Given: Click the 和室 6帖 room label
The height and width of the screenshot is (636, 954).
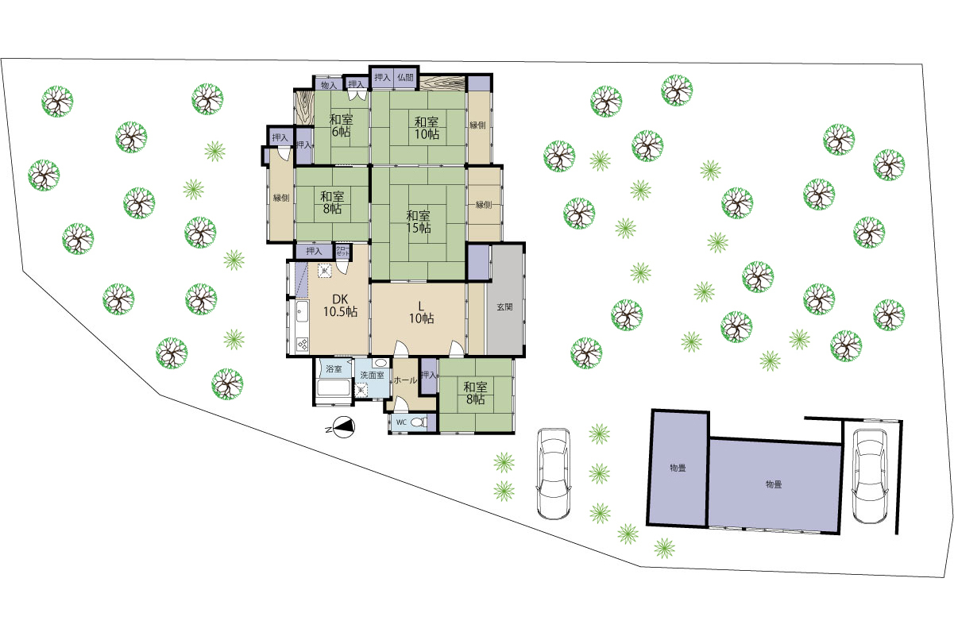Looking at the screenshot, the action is pos(341,125).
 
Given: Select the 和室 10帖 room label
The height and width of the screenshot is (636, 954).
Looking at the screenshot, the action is pos(427,128).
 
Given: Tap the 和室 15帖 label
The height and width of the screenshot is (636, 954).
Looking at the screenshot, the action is pos(419,222).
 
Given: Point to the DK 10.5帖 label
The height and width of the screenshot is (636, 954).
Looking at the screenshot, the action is pos(340,305).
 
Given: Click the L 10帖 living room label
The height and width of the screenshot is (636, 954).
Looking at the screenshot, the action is pos(422,312).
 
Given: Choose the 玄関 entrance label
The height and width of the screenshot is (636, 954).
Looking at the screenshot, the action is pos(504,306).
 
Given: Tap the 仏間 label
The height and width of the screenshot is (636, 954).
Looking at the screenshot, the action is pos(405,78).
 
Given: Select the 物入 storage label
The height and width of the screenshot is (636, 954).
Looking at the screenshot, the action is pos(329,85).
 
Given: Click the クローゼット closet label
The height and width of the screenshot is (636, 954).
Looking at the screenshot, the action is pos(343,250).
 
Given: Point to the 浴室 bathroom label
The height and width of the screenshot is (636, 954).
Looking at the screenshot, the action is pos(334,368).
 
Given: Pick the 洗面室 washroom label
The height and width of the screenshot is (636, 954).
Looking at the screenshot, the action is pos(372,375).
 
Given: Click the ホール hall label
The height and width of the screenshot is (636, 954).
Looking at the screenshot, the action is pos(405,380).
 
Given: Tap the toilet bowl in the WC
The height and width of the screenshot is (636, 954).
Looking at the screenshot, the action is pos(419,422).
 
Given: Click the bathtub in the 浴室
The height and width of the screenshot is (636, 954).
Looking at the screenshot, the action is pos(334,387).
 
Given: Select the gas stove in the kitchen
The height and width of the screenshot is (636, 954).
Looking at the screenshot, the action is pos(303,344).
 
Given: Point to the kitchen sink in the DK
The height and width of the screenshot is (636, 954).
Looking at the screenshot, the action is pos(302,313).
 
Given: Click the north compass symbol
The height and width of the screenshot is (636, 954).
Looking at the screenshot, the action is pos(343,427).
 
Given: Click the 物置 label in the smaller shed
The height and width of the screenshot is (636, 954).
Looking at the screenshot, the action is pos(678,468).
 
